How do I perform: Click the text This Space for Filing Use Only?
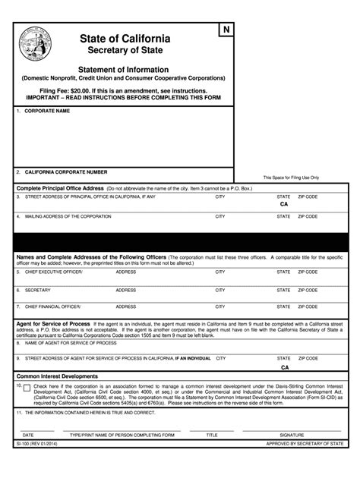[291, 178]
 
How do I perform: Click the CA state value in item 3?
[284, 205]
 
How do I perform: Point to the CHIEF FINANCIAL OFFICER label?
[53, 307]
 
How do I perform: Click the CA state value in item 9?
[284, 366]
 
